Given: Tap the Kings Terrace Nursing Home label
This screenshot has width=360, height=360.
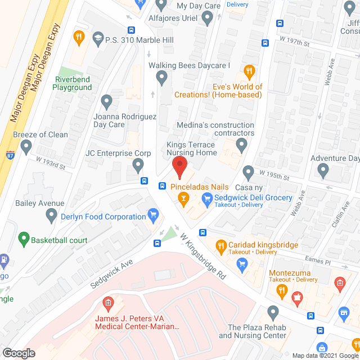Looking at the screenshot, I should point(191,148).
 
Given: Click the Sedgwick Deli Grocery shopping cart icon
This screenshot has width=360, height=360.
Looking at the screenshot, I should point(207,197).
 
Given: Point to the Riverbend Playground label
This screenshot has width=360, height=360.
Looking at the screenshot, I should point(72,83).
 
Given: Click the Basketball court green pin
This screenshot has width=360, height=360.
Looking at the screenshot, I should point(24,240).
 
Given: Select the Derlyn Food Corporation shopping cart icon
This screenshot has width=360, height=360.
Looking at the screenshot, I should point(152,215).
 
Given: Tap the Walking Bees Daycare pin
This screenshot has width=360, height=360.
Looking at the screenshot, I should point(162,78).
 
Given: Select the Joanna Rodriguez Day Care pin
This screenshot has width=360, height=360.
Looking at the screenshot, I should point(107,102).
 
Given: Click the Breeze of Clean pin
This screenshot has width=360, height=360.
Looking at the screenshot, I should point(26,147).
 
